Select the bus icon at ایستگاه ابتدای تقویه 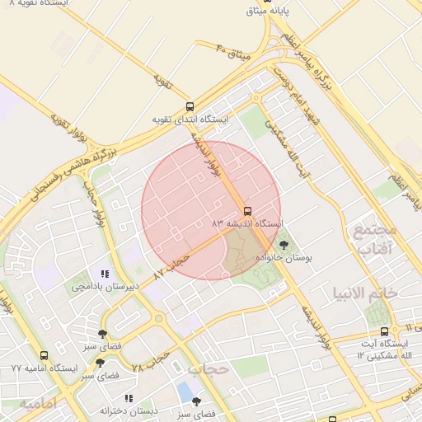click(190, 105)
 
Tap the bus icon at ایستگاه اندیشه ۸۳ click(247, 209)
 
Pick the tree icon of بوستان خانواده click(284, 244)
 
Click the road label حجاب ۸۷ click(171, 263)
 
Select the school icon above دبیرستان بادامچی click(104, 274)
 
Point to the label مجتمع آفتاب click(374, 238)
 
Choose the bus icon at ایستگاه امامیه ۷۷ click(44, 355)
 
